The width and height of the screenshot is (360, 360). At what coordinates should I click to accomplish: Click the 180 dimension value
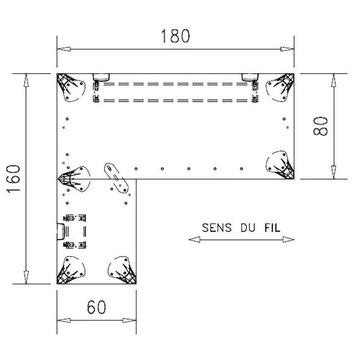tap(175, 36)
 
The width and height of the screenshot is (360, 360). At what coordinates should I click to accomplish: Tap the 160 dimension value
tap(13, 179)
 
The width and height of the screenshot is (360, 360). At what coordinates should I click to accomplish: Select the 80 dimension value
tap(320, 126)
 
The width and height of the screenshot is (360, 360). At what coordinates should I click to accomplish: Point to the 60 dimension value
tap(96, 307)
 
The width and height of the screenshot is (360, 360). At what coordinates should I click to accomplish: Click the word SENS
tap(217, 228)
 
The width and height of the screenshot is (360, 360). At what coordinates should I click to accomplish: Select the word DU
tap(248, 228)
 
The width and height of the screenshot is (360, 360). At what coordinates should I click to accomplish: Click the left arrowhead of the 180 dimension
tap(64, 49)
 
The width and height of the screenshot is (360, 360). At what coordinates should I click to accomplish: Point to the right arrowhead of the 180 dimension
tap(287, 49)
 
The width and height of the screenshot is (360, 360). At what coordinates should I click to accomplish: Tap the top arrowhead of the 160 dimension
tap(26, 81)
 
